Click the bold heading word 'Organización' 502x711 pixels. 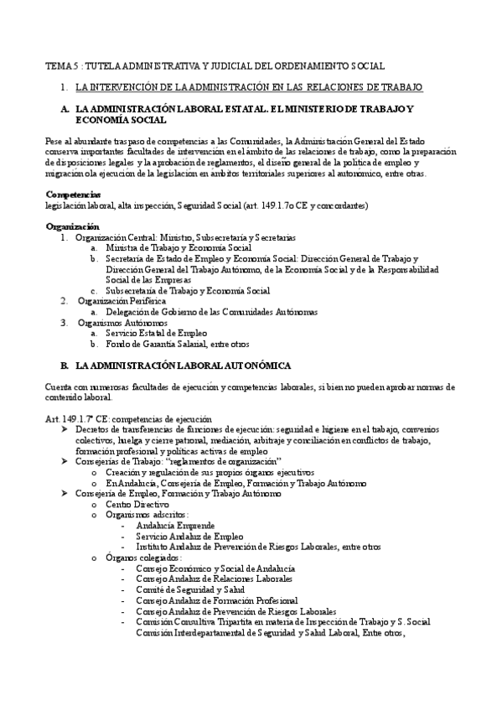click(x=71, y=227)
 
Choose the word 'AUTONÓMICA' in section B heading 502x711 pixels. click(x=249, y=366)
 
